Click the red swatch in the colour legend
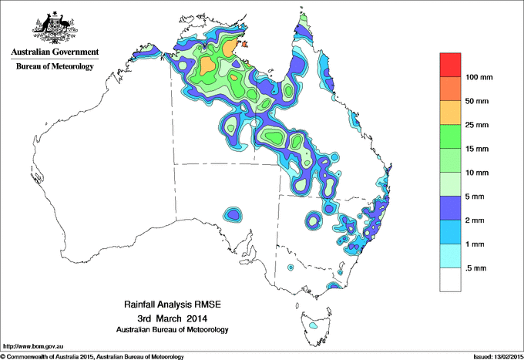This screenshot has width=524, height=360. (450, 64)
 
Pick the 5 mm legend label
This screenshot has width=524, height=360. (478, 196)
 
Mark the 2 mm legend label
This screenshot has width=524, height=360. (478, 220)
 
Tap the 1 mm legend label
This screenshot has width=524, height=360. (478, 244)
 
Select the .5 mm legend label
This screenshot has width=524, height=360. (478, 267)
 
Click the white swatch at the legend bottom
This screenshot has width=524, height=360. (450, 279)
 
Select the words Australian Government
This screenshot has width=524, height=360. (55, 52)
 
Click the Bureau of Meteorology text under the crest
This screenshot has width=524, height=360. (55, 66)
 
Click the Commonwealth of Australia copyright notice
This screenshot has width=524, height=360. (92, 356)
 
